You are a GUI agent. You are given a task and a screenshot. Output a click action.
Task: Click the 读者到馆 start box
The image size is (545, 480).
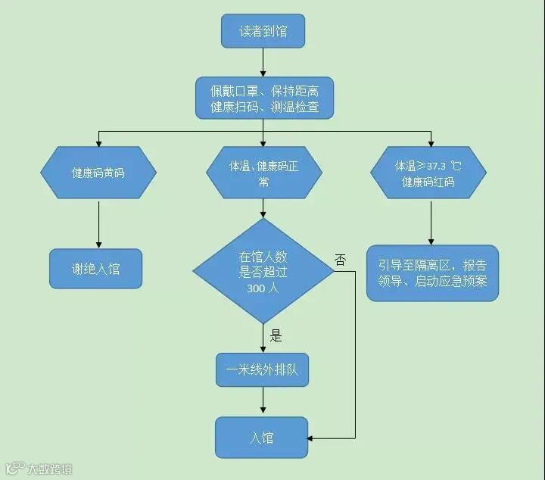(x=262, y=32)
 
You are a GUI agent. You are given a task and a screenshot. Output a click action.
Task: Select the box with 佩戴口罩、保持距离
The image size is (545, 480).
(x=263, y=98)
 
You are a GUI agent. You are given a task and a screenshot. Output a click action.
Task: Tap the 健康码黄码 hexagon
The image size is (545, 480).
(x=98, y=173)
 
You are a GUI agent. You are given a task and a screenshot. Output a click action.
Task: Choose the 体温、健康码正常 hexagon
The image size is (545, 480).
(x=263, y=173)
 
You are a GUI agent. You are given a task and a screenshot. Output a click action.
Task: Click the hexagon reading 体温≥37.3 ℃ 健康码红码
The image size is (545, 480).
(x=428, y=173)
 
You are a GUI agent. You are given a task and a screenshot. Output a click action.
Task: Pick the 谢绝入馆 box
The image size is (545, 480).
(x=95, y=268)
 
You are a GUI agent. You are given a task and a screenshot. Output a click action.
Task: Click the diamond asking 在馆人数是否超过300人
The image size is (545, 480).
(x=263, y=271)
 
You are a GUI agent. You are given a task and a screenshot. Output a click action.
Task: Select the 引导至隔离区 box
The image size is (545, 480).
(x=432, y=273)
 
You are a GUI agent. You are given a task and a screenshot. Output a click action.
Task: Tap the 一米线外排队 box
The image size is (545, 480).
(x=263, y=371)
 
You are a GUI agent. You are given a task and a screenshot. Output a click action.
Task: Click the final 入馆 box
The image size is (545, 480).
(x=262, y=438)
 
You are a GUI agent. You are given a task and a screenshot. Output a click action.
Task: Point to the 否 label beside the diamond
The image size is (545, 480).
(x=340, y=260)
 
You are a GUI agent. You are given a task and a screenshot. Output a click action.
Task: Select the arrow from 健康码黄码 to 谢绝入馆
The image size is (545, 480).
(x=98, y=223)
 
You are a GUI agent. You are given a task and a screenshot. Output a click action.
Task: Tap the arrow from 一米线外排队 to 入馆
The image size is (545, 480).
(x=263, y=402)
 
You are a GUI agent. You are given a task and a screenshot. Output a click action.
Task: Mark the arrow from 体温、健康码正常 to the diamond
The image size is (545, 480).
(x=263, y=209)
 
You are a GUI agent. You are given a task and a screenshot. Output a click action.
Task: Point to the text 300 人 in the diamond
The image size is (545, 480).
(x=263, y=288)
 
